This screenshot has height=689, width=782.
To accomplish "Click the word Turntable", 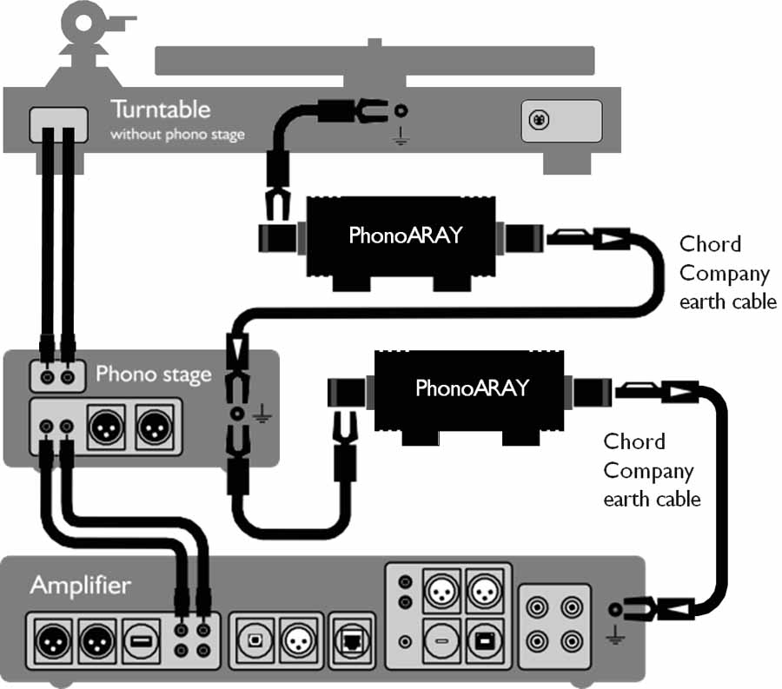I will point(161,109).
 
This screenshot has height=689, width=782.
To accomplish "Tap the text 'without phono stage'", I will point(177,135).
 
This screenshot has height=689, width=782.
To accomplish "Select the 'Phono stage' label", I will point(154,374).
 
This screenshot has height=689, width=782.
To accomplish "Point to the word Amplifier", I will point(81,585).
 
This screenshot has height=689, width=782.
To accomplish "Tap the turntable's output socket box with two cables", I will point(59,124).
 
